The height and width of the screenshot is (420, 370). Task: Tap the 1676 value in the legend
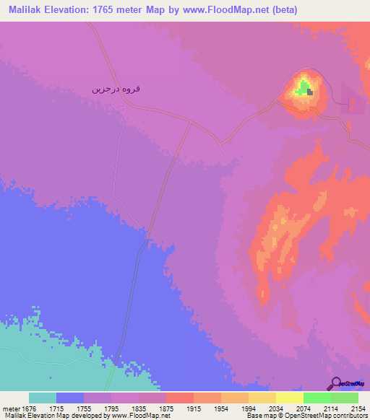pyautogui.click(x=30, y=408)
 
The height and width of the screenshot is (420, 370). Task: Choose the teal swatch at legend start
pyautogui.click(x=43, y=398)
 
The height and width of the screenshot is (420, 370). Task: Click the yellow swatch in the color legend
pyautogui.click(x=289, y=398)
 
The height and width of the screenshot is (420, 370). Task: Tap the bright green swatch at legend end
pyautogui.click(x=344, y=398)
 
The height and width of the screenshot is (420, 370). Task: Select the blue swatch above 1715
pyautogui.click(x=70, y=398)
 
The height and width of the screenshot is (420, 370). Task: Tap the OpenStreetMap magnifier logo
pyautogui.click(x=336, y=382)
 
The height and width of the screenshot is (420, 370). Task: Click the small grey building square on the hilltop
pyautogui.click(x=311, y=92)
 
